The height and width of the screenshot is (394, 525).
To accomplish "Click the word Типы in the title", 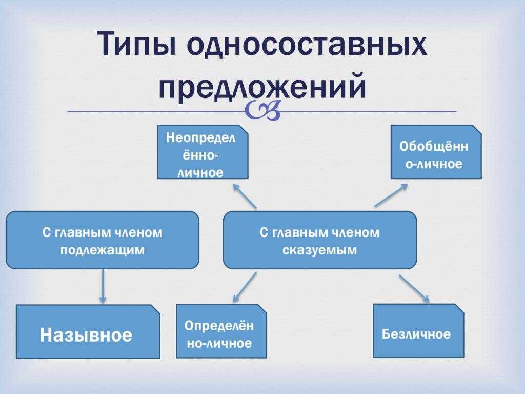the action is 136,44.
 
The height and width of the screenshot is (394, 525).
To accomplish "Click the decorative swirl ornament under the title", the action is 262,111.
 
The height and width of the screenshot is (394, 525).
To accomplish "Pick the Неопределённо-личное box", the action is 203,152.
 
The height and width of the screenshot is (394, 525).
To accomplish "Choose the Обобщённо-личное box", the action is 436,152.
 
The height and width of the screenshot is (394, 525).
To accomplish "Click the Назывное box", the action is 88,332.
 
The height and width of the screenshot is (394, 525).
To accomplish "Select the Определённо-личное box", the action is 221,331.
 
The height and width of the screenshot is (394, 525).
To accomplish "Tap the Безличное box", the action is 418,331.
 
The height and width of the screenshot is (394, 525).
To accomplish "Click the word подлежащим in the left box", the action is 103,250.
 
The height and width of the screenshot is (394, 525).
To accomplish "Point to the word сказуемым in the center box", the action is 319,250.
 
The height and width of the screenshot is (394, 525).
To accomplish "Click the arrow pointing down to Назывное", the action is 103,286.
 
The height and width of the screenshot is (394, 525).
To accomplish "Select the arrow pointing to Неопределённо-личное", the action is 245,196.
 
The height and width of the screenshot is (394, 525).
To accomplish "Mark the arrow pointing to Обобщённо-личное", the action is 391,195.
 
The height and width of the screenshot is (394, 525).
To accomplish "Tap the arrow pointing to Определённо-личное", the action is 245,287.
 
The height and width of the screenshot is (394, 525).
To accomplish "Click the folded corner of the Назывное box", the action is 155,309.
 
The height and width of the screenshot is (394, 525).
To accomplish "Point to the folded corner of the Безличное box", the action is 459,309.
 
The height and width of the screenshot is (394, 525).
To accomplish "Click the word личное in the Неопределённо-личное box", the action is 200,173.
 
